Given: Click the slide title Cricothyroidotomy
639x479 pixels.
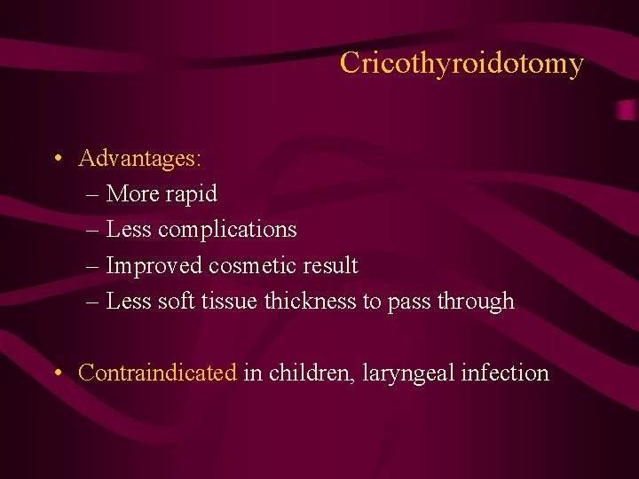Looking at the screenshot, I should click(x=461, y=64).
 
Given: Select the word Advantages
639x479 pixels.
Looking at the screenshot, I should click(x=138, y=159).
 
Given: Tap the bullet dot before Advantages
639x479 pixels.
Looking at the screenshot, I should click(x=56, y=160).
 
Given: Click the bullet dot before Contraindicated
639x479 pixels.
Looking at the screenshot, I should click(x=56, y=373).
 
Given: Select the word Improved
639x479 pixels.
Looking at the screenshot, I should click(x=154, y=265).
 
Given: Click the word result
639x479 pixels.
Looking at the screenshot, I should click(x=330, y=265).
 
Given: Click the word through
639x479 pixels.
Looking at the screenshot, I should click(x=476, y=302).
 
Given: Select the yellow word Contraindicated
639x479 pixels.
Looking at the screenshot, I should click(x=157, y=373).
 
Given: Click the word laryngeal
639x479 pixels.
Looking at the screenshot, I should click(x=410, y=373).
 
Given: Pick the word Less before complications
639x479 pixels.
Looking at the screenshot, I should click(x=129, y=230).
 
